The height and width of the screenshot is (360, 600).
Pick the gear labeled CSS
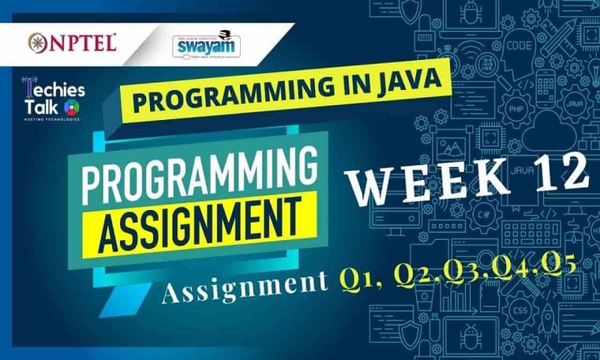[518, 308]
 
